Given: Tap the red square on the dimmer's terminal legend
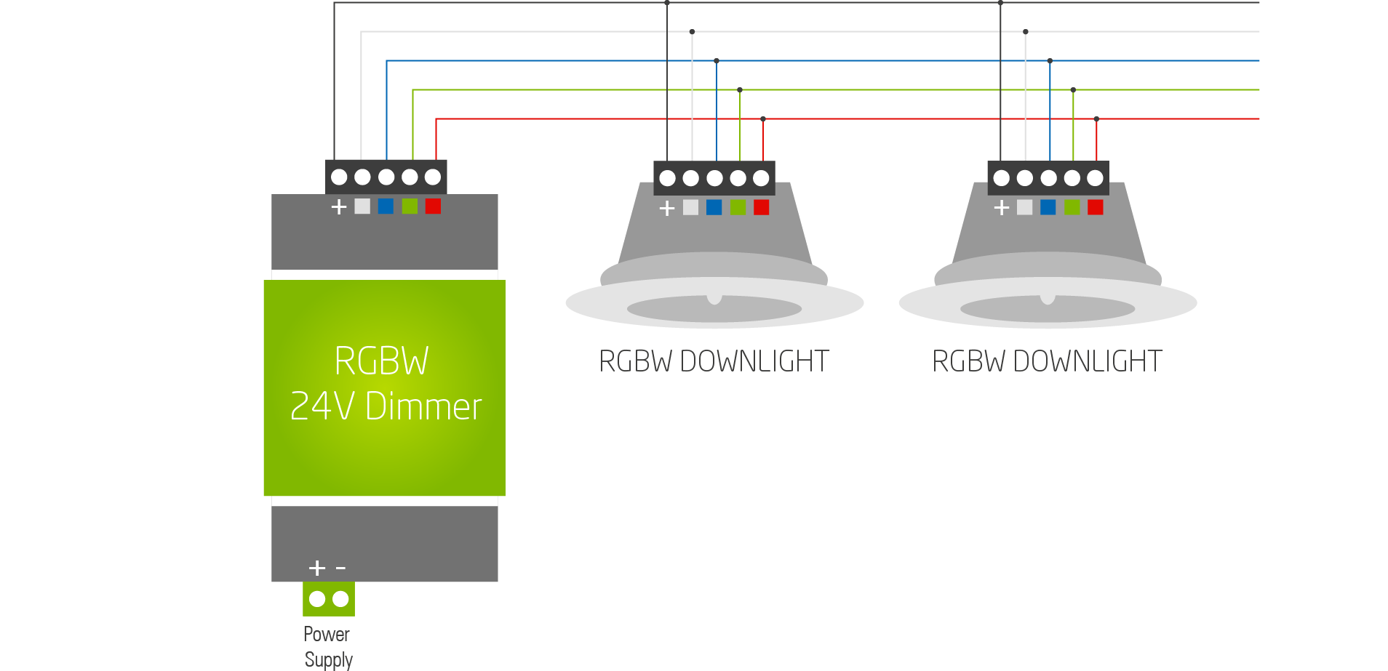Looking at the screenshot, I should tap(433, 206).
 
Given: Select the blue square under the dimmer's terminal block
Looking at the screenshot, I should tap(386, 206).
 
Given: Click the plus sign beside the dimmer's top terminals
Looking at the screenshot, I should tap(339, 207).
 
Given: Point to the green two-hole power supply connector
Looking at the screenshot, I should tap(329, 599).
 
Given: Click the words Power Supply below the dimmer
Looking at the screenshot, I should tap(327, 646).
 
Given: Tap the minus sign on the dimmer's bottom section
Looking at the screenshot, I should tap(340, 567).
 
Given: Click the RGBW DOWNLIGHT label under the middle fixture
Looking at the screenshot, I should tap(714, 361).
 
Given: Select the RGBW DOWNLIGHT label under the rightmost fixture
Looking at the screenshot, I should tap(1047, 361).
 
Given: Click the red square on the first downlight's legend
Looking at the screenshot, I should tap(761, 208).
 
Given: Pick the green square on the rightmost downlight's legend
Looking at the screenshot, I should tap(1072, 208).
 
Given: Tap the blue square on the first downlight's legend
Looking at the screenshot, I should tap(714, 208).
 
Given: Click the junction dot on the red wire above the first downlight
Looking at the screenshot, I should tap(763, 118).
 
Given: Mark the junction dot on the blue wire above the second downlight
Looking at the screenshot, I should tap(1050, 61).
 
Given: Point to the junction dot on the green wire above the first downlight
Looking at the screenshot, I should tap(740, 90).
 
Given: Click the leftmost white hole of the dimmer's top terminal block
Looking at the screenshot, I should tap(339, 177).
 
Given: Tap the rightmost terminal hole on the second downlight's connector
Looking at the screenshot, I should tap(1095, 178).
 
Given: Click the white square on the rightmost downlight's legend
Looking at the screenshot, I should tap(1024, 208).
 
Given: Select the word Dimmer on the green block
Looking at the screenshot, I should tap(423, 406).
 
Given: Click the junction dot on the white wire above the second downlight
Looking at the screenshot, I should tap(1026, 32).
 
